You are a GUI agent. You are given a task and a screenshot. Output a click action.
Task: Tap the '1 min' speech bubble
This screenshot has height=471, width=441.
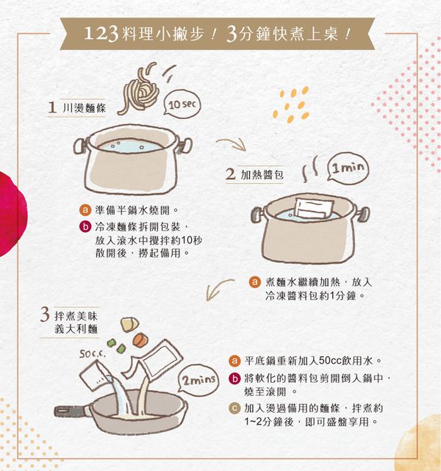click(346, 169)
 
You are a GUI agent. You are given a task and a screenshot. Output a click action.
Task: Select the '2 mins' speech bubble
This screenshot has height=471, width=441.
click(196, 381)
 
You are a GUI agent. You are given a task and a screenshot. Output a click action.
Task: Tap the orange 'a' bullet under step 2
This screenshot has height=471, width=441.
click(254, 281)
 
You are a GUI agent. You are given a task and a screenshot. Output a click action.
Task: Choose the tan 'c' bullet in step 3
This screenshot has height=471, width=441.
click(234, 409)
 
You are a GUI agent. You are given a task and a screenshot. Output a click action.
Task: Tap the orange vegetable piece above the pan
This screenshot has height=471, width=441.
click(140, 339)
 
